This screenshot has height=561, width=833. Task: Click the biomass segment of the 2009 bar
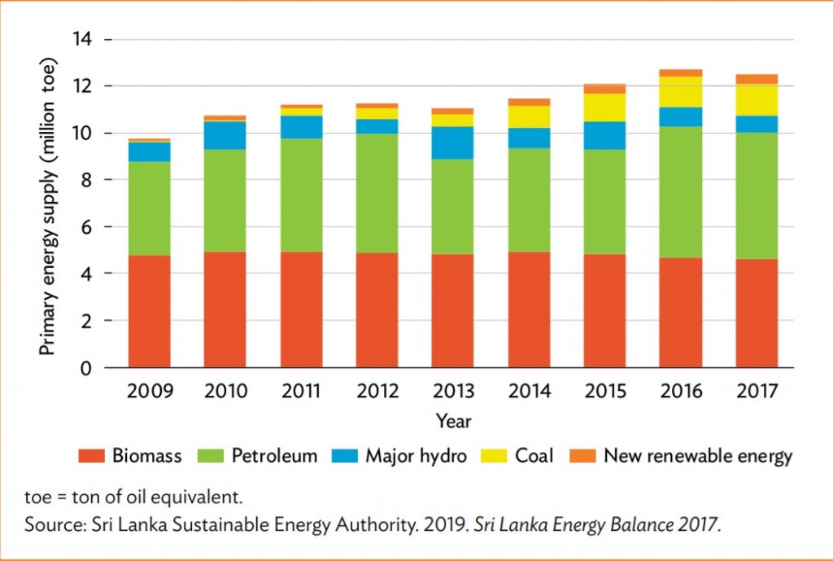tap(150, 311)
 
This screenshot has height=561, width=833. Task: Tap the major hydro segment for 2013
tap(453, 142)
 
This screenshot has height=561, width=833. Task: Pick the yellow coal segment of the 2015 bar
tap(604, 107)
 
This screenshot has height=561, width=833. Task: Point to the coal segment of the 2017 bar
tap(757, 99)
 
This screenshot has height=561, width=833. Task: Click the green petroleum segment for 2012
tap(377, 193)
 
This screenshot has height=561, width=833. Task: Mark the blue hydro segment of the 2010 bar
tap(225, 135)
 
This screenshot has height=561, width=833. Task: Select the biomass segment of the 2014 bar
tap(529, 309)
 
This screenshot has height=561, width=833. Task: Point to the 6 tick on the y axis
tap(92, 227)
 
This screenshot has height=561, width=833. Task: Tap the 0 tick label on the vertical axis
tap(92, 368)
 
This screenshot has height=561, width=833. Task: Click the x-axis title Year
tap(453, 421)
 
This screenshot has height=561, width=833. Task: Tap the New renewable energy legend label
tap(697, 456)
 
